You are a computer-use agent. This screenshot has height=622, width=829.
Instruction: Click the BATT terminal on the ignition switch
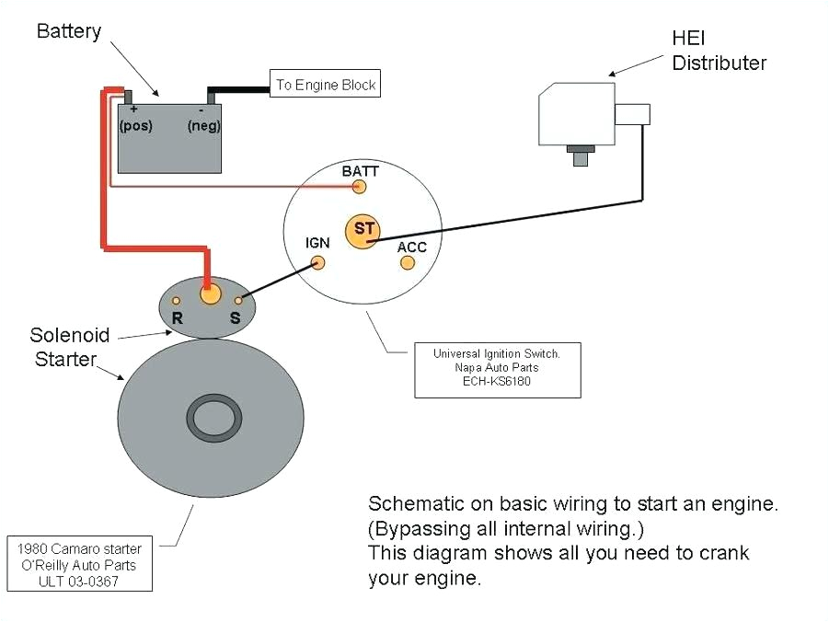coord(360,187)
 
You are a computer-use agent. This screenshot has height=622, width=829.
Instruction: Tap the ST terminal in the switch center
coord(362,230)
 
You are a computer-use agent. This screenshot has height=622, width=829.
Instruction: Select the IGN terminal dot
coord(317,262)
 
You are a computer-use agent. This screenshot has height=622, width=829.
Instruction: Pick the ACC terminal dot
coord(408,263)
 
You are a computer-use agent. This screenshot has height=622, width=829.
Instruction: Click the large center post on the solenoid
coord(211,294)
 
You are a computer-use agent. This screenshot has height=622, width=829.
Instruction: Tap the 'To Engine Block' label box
coord(325,85)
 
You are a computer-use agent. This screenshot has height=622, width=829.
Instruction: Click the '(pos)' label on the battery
coord(136,125)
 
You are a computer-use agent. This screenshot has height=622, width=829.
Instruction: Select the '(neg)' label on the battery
coord(203,126)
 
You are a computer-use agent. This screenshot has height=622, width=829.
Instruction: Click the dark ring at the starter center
coord(215,419)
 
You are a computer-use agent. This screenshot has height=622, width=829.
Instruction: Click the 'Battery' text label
coord(67,31)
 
